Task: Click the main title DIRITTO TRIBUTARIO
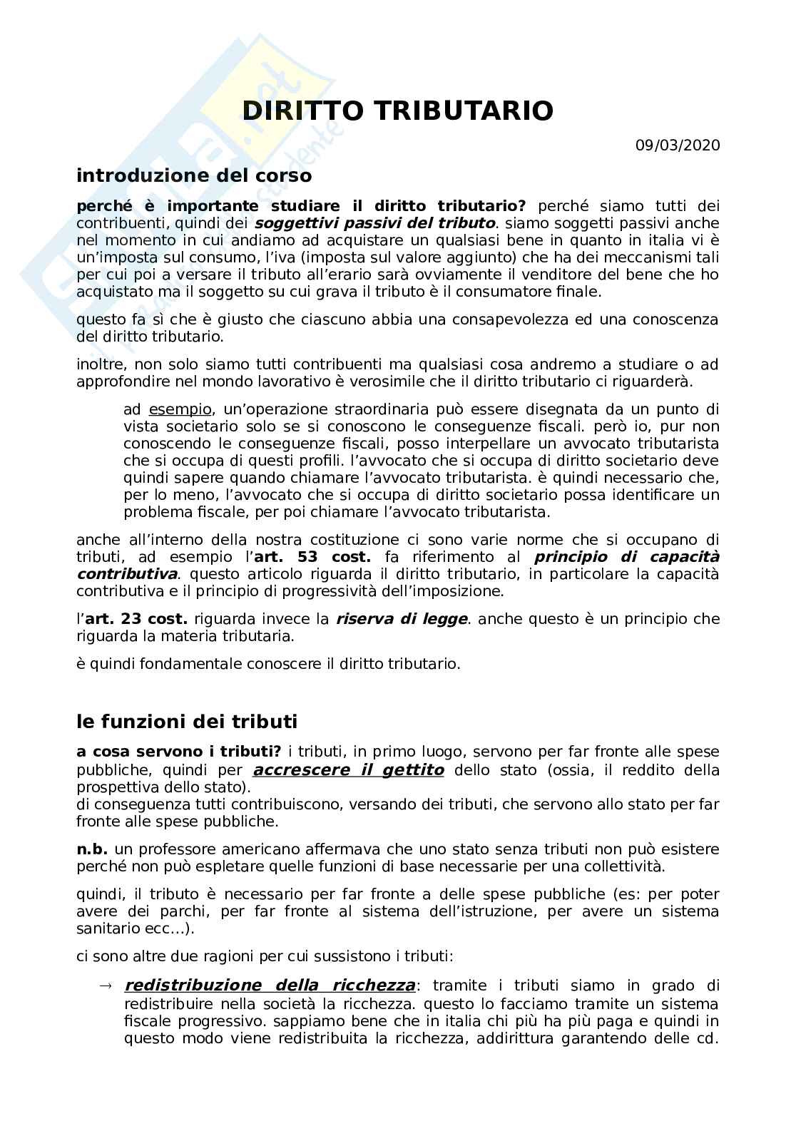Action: point(397,111)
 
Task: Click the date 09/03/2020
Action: point(678,145)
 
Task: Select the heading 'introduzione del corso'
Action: point(194,175)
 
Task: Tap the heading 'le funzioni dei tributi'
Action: point(186,721)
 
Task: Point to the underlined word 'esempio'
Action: point(180,409)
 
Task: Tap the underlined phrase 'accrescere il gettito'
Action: point(349,769)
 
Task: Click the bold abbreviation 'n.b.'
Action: point(92,849)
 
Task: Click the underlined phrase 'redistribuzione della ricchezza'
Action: point(270,986)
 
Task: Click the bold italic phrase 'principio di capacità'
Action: point(627,556)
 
